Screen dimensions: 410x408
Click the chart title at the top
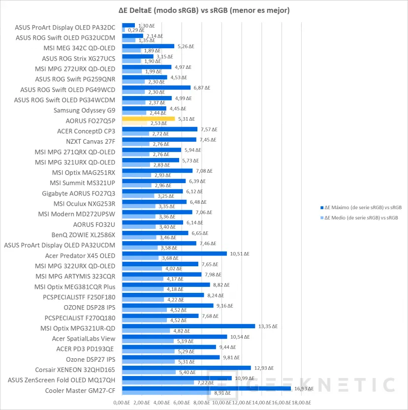[204, 10]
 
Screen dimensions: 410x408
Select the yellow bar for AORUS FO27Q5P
[148, 119]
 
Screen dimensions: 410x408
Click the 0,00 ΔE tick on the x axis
[122, 402]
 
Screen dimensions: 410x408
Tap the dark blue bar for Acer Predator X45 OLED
[174, 254]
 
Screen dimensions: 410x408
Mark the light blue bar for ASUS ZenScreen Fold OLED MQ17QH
[157, 382]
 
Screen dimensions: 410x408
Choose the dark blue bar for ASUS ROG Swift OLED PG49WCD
[156, 88]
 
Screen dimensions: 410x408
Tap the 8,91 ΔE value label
[220, 393]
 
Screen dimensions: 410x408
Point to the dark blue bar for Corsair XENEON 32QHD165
[186, 368]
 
